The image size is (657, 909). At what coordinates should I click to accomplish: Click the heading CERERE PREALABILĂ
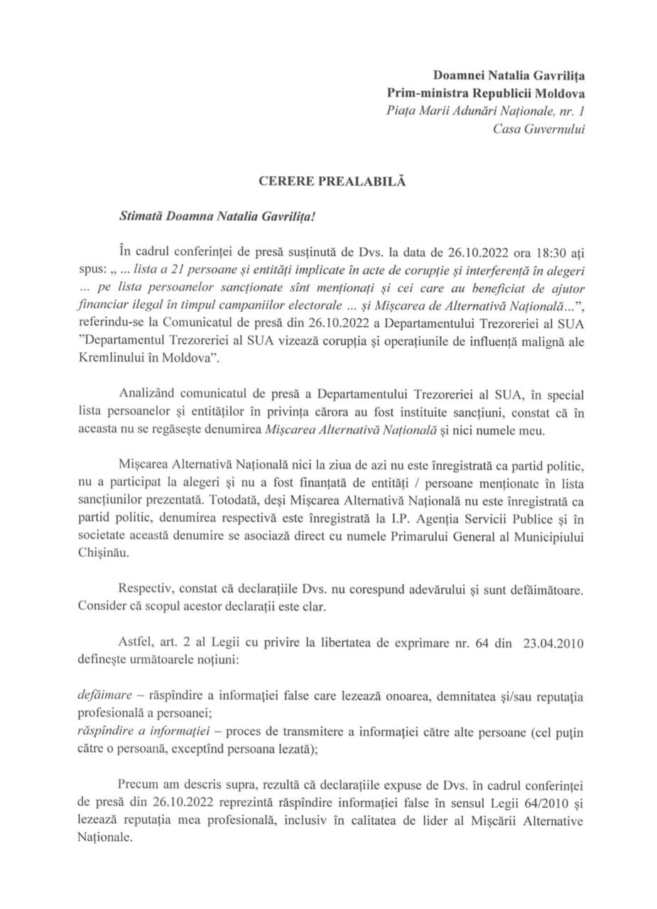click(x=331, y=181)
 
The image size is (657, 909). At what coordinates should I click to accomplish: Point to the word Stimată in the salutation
click(x=142, y=216)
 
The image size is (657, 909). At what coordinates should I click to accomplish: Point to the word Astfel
click(x=136, y=642)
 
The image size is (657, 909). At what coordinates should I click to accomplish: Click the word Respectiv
click(x=148, y=590)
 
